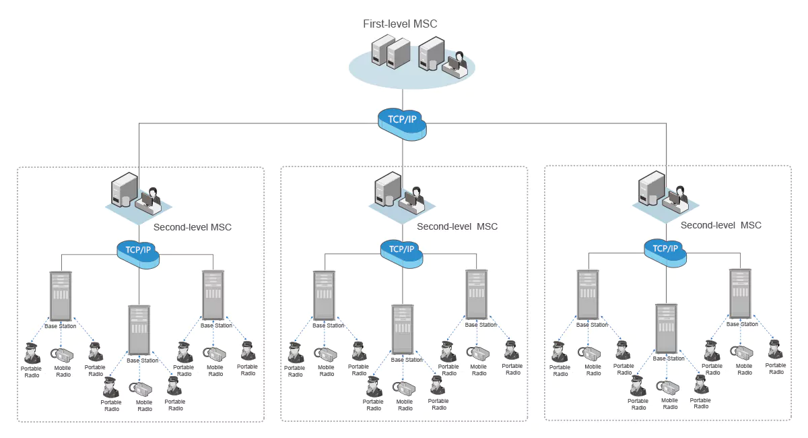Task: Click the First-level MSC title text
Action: click(x=400, y=24)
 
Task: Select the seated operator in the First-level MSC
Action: click(x=457, y=65)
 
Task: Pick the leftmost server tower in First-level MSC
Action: click(x=382, y=50)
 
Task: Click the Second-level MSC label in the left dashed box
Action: click(x=193, y=227)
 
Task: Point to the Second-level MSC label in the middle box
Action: click(x=457, y=226)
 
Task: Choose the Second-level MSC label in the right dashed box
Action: click(x=720, y=225)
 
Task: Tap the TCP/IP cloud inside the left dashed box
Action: click(x=138, y=254)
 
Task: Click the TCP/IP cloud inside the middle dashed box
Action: click(x=402, y=253)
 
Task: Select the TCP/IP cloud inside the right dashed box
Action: click(x=665, y=253)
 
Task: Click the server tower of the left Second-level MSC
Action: click(x=124, y=189)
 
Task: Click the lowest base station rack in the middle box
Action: click(x=403, y=330)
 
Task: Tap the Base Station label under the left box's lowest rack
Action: click(x=143, y=361)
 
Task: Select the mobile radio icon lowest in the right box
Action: click(x=668, y=387)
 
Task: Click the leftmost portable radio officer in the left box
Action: click(x=32, y=353)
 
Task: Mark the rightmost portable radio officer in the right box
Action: click(x=775, y=350)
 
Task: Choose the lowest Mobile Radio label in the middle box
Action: click(x=405, y=405)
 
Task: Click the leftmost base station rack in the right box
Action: click(x=588, y=294)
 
